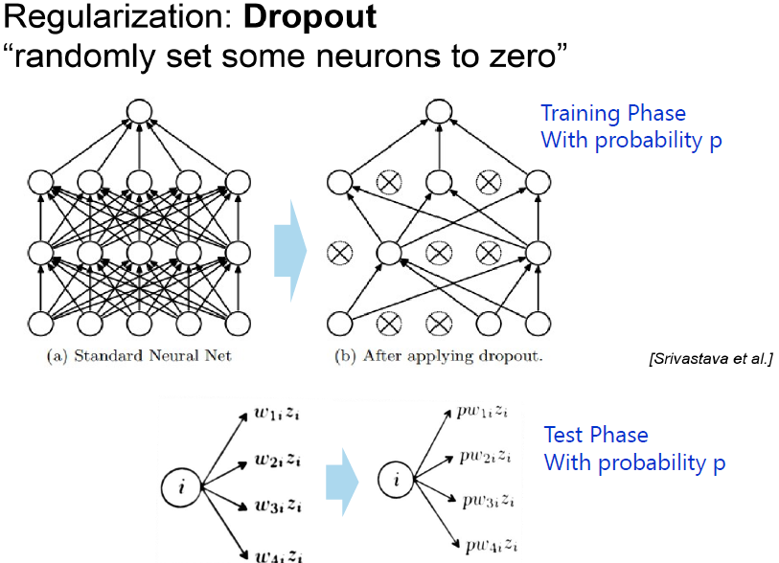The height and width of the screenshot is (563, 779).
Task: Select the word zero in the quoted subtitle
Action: (526, 58)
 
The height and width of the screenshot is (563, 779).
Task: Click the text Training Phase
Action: (613, 114)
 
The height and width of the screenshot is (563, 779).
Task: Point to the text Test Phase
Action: (596, 436)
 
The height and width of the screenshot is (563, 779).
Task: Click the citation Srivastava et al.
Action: (709, 359)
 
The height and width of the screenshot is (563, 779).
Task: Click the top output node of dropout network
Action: (439, 111)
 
